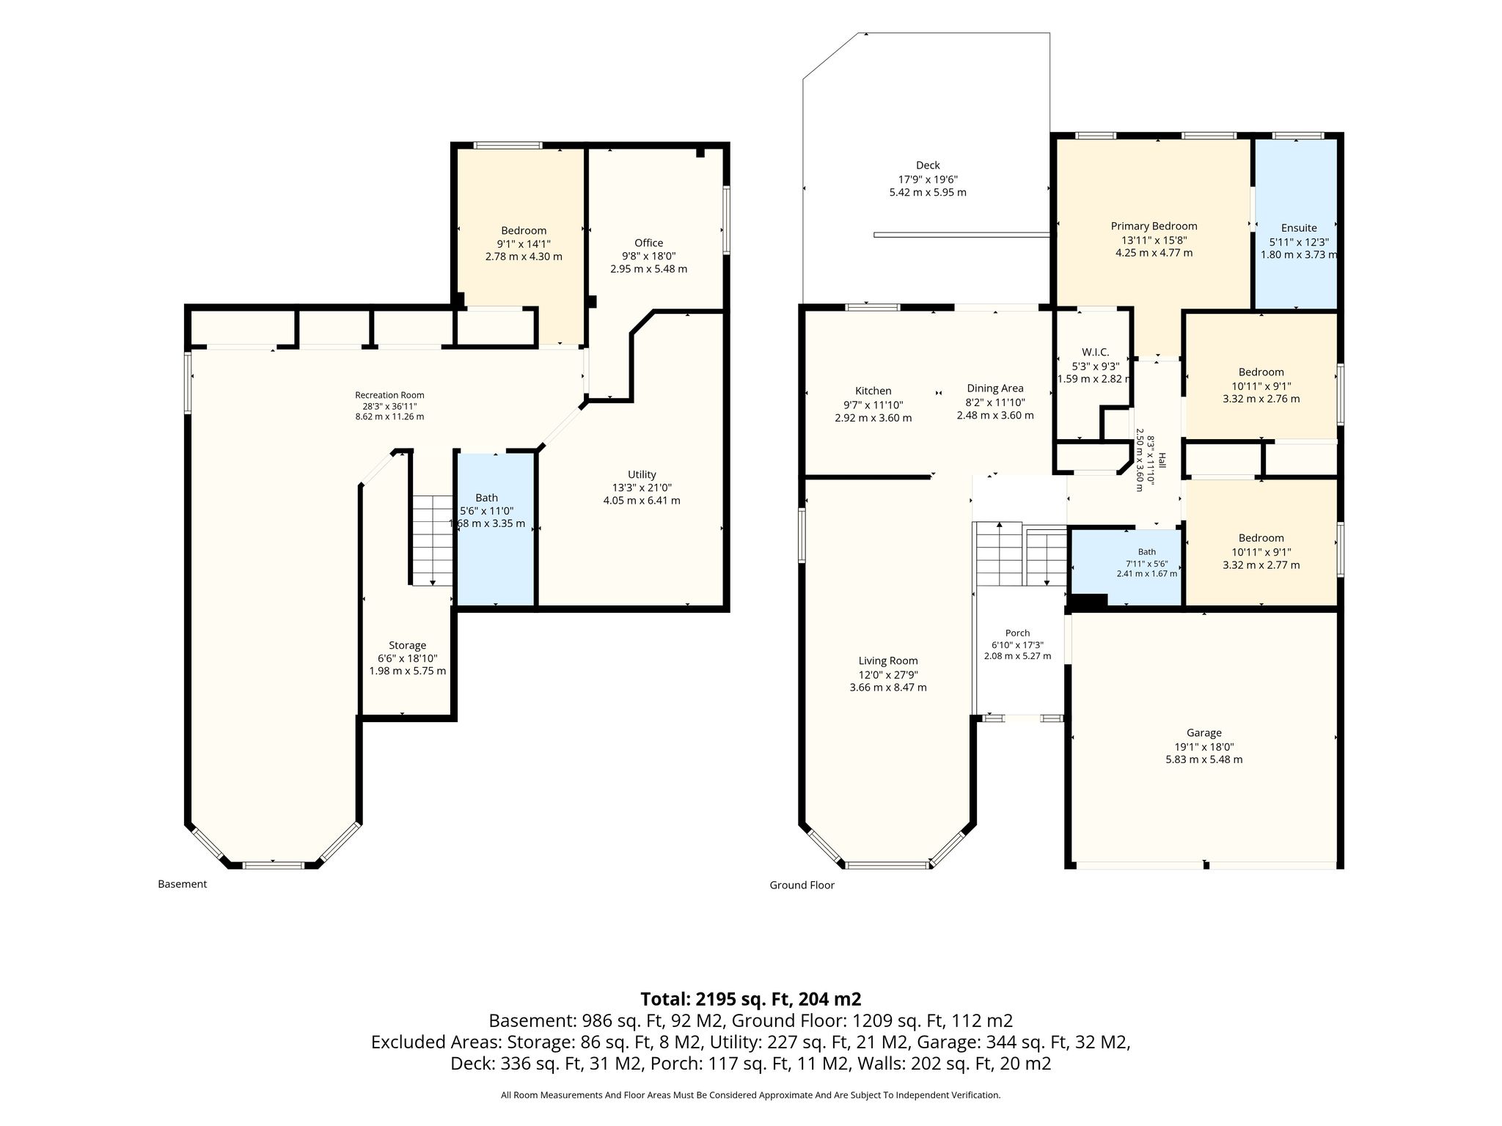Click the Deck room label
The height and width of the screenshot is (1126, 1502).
pos(928,166)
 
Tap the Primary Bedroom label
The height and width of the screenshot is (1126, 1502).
pos(1154,227)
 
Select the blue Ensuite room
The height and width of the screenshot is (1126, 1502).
pos(1296,224)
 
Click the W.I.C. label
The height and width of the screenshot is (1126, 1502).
pos(1095,353)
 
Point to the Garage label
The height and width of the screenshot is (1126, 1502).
pos(1204,733)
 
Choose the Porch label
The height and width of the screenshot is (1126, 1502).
pos(1017,633)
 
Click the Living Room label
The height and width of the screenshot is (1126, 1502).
pos(888,661)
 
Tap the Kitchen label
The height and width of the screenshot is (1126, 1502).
pos(873,391)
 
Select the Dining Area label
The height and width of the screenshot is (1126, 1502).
pos(995,389)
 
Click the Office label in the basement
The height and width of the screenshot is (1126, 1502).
pos(649,243)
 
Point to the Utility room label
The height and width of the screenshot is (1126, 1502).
pos(642,475)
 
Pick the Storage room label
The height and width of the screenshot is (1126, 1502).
pos(407,646)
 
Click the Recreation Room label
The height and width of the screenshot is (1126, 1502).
pos(389,395)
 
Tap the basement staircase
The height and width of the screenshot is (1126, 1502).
pos(432,540)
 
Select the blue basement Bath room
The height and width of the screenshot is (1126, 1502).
pos(496,530)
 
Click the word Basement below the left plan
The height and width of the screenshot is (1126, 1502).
pos(183,884)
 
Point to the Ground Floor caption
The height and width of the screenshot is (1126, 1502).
pos(802,886)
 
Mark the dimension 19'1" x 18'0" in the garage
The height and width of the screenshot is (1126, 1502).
pos(1204,747)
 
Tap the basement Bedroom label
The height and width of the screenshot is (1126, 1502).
pos(524,231)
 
